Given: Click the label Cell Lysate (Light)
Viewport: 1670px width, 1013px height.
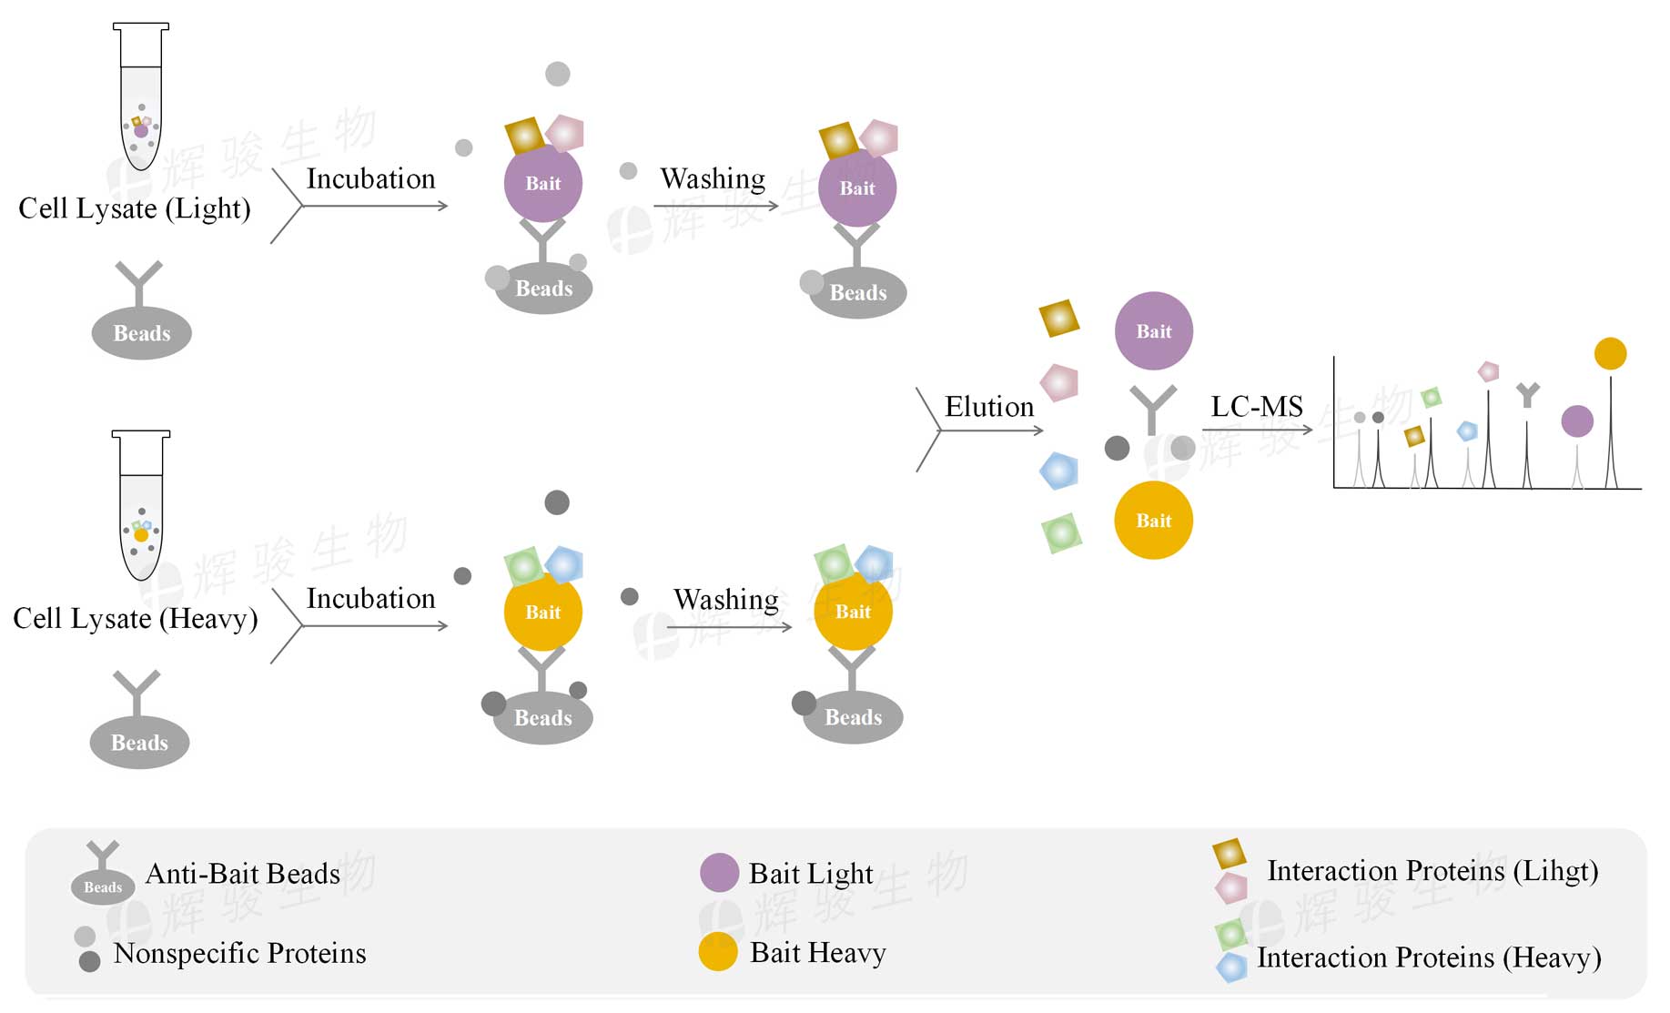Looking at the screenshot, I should tap(134, 208).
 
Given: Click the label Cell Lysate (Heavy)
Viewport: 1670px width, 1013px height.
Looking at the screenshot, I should tap(135, 619).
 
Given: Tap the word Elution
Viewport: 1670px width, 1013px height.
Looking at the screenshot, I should tap(989, 406).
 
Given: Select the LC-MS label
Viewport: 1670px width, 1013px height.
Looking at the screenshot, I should tap(1257, 406).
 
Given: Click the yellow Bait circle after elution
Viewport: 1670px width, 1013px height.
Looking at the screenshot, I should tap(1153, 520).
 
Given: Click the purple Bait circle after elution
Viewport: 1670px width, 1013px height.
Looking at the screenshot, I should tap(1153, 330).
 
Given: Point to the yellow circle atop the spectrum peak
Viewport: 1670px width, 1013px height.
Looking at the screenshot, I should tap(1610, 353).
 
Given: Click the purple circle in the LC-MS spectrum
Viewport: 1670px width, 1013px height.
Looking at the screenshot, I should tap(1576, 420).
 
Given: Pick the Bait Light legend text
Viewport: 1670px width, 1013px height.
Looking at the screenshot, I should tap(810, 874).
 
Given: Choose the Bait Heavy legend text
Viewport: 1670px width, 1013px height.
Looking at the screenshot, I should tap(817, 953).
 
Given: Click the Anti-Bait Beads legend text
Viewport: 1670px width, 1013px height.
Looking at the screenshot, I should tap(242, 874).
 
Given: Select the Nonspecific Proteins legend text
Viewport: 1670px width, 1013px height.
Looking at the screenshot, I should tap(239, 953).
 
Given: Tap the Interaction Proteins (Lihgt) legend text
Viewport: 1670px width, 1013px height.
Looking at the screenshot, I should tap(1432, 871).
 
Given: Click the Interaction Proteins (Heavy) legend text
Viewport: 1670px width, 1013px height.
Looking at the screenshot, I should tap(1428, 957).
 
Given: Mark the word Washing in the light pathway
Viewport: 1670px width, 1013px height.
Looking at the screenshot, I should tap(713, 178).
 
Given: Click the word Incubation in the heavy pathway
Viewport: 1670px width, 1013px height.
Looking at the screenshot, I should tap(370, 598).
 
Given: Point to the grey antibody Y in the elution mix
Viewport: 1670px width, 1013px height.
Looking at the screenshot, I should tap(1152, 407).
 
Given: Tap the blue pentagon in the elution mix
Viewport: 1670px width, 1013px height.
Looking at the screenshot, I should tap(1058, 471).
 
